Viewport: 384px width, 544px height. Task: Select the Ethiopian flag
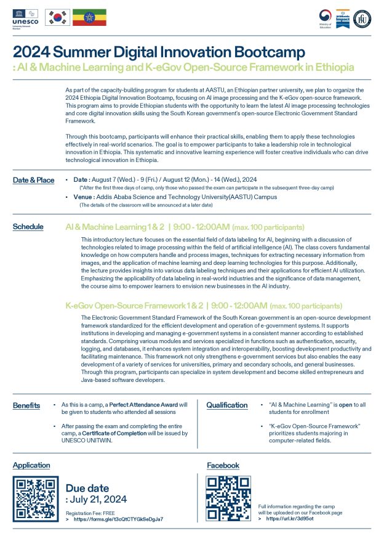pyautogui.click(x=89, y=18)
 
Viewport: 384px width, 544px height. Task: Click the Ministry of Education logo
pyautogui.click(x=325, y=18)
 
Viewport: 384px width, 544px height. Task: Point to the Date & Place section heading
pyautogui.click(x=33, y=180)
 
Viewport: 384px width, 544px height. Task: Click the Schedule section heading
pyautogui.click(x=28, y=227)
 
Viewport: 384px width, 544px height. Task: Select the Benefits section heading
pyautogui.click(x=26, y=405)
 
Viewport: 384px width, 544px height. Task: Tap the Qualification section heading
pyautogui.click(x=227, y=405)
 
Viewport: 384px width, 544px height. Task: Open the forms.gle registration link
pyautogui.click(x=118, y=519)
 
